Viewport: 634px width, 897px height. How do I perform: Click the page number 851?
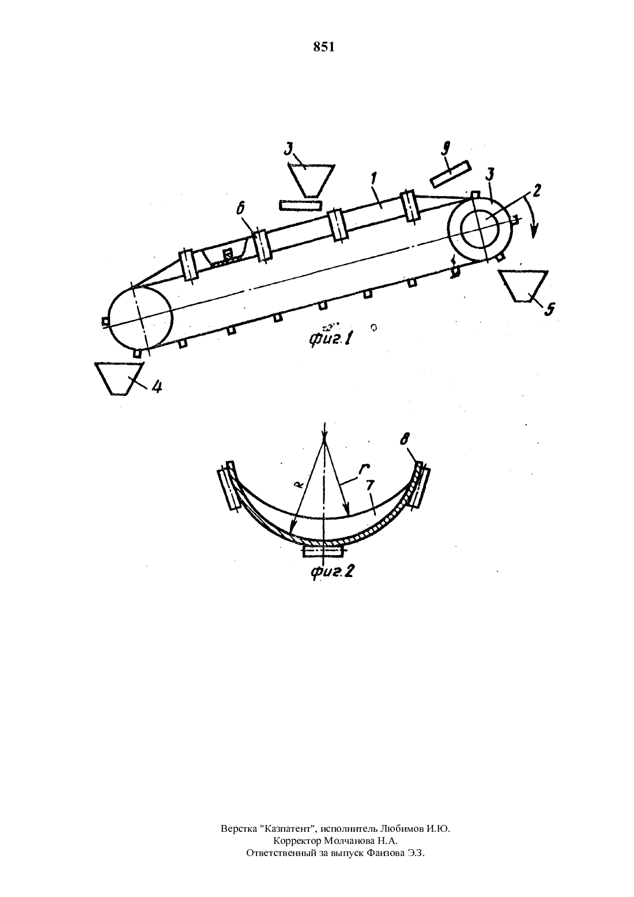[x=323, y=47]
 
